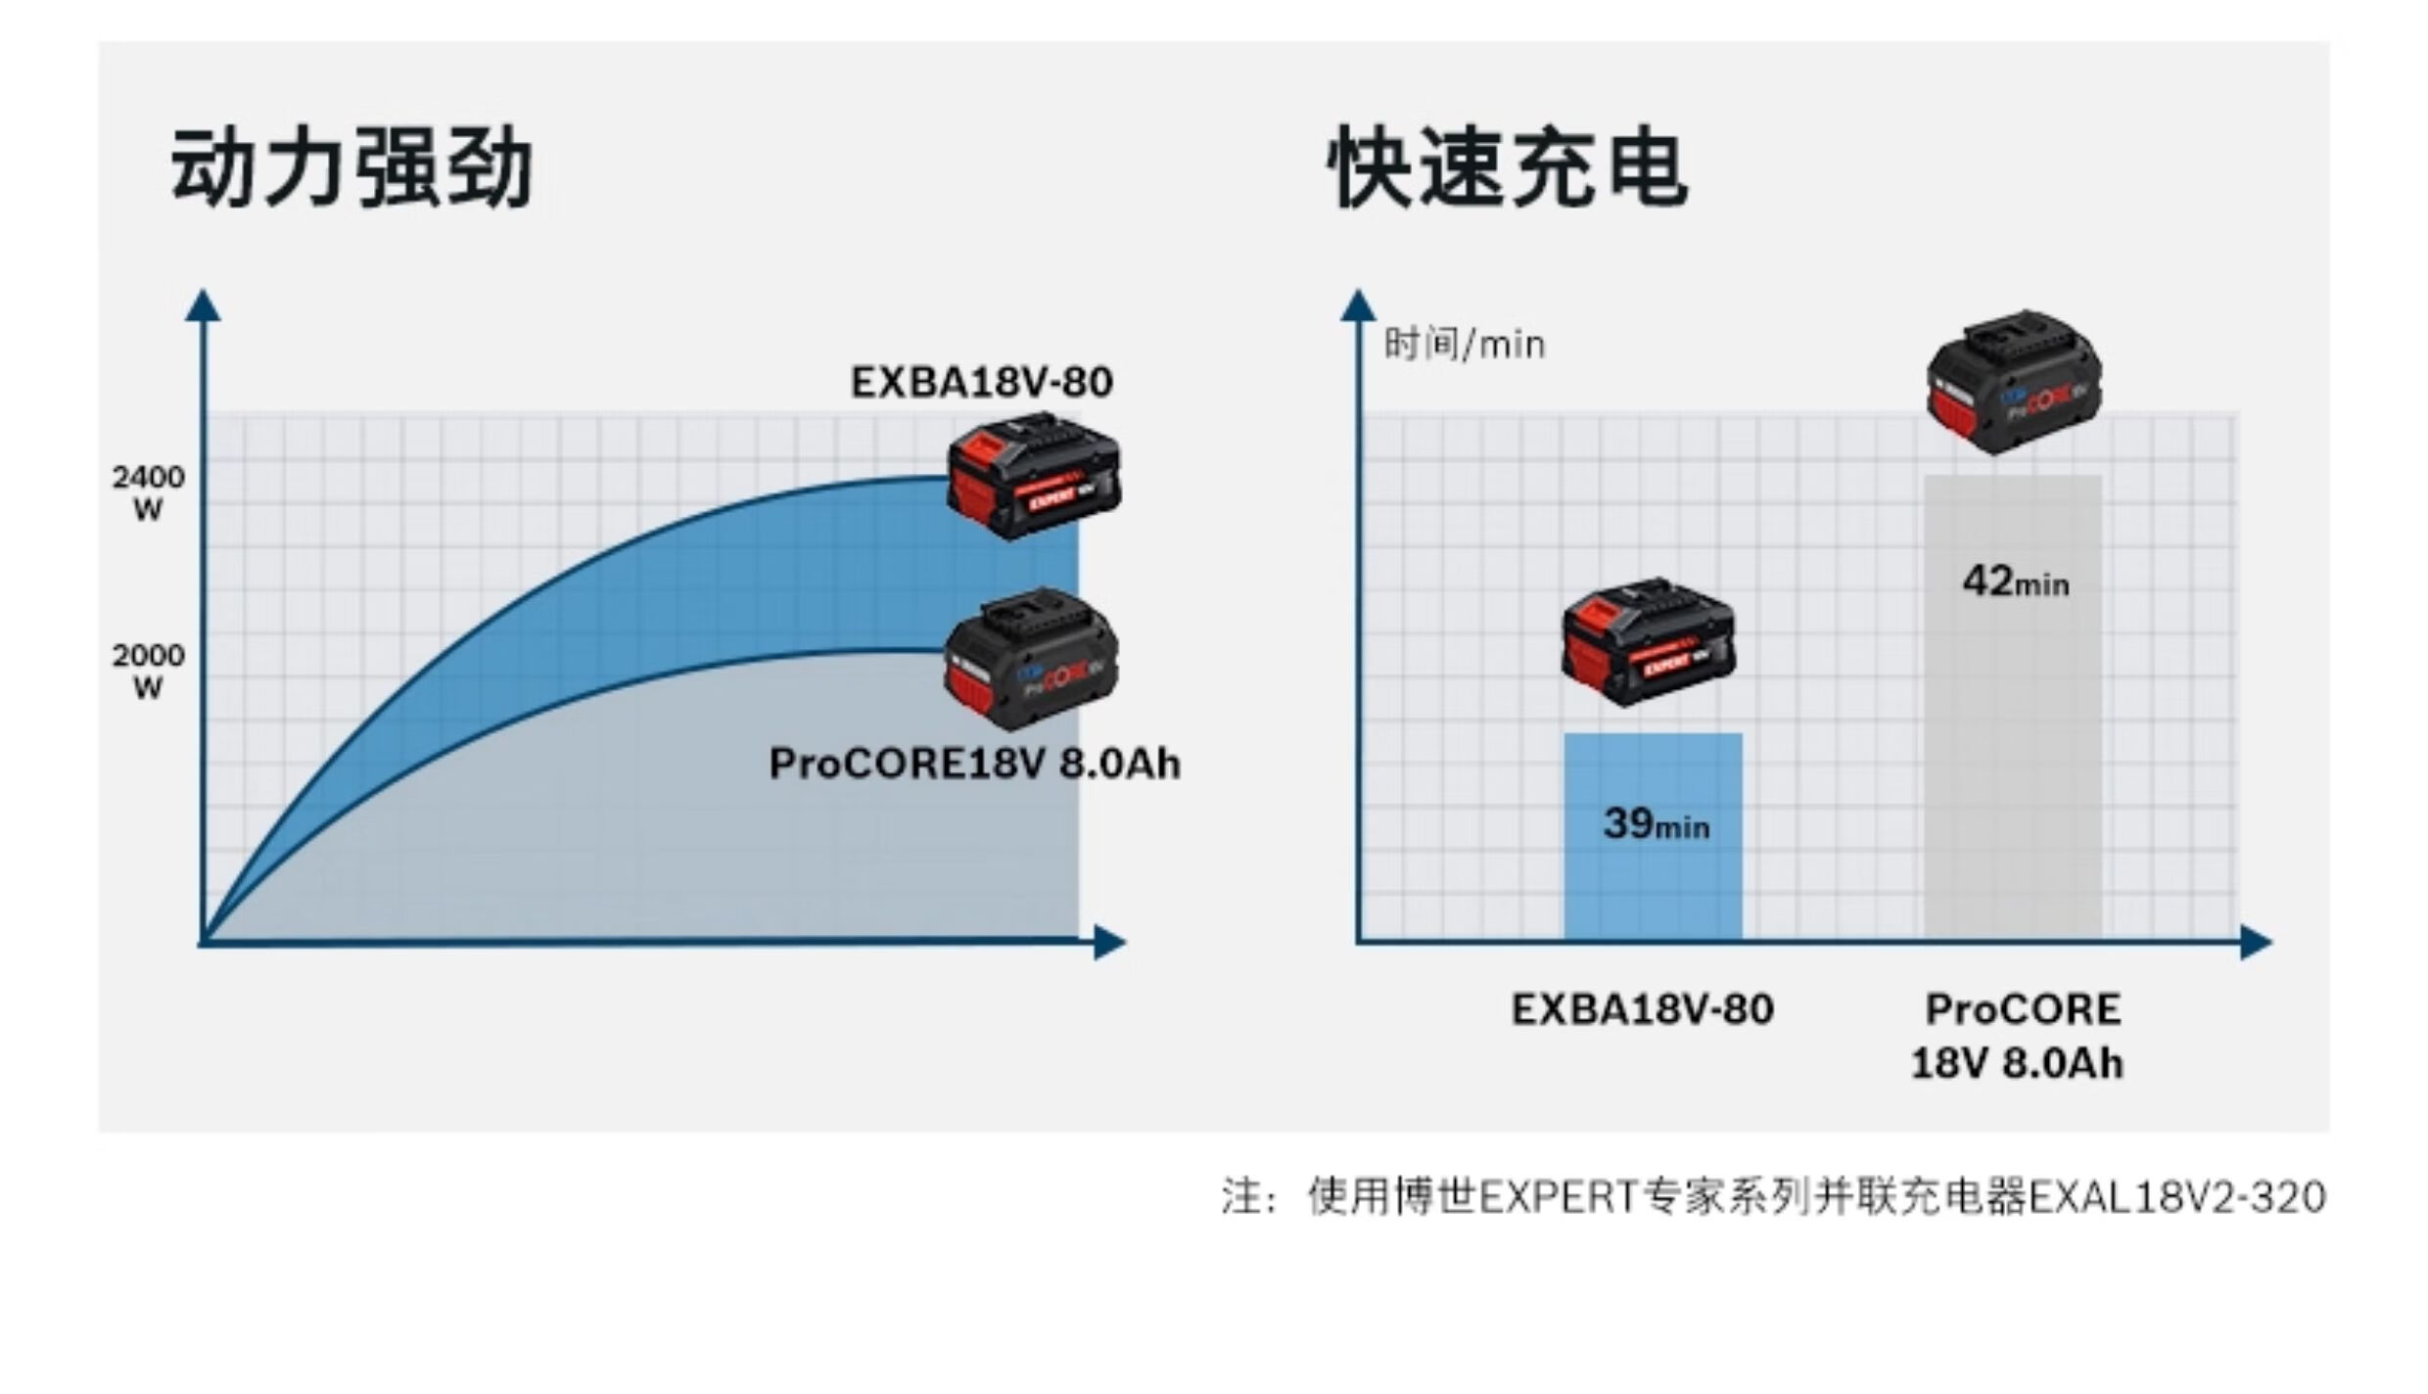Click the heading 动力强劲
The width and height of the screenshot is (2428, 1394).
(x=351, y=168)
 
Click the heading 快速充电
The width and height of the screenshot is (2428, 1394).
(x=1508, y=168)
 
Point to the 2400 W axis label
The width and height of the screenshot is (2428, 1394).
(x=148, y=492)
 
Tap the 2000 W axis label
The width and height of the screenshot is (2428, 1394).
(x=148, y=671)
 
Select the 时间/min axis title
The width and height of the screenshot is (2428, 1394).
(x=1464, y=345)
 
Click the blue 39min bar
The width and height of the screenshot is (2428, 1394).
(x=1653, y=881)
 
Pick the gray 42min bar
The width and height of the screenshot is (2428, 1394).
(x=2013, y=744)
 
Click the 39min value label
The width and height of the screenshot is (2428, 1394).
(x=1656, y=824)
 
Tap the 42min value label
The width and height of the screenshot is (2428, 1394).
(x=2015, y=582)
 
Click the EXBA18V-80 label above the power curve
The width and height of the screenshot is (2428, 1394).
(x=981, y=382)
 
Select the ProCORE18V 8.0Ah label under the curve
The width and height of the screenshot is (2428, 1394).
(x=974, y=764)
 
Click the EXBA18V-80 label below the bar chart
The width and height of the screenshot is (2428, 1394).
(x=1642, y=1009)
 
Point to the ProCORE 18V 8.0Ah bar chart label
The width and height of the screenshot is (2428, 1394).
(x=2019, y=1036)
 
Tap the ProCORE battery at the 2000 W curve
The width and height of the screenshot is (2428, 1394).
(x=1030, y=658)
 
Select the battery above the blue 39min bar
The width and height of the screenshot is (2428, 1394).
(x=1649, y=641)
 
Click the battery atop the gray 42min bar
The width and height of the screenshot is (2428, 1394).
(x=2013, y=382)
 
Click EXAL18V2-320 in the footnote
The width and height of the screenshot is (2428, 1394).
(x=2177, y=1197)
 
